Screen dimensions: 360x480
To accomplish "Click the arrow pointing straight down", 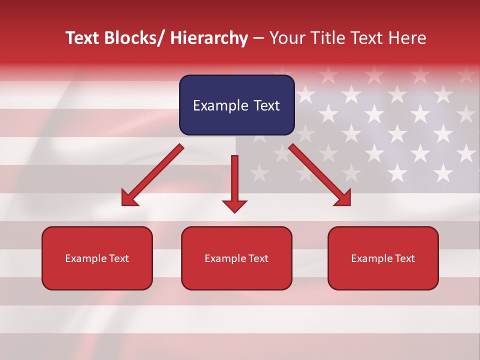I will [234, 183].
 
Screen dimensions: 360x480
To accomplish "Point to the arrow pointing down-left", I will [152, 175].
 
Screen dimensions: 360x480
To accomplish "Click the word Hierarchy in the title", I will [209, 38].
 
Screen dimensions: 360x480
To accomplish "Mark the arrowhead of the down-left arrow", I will [128, 198].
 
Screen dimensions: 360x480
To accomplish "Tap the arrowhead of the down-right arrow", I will [343, 198].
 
